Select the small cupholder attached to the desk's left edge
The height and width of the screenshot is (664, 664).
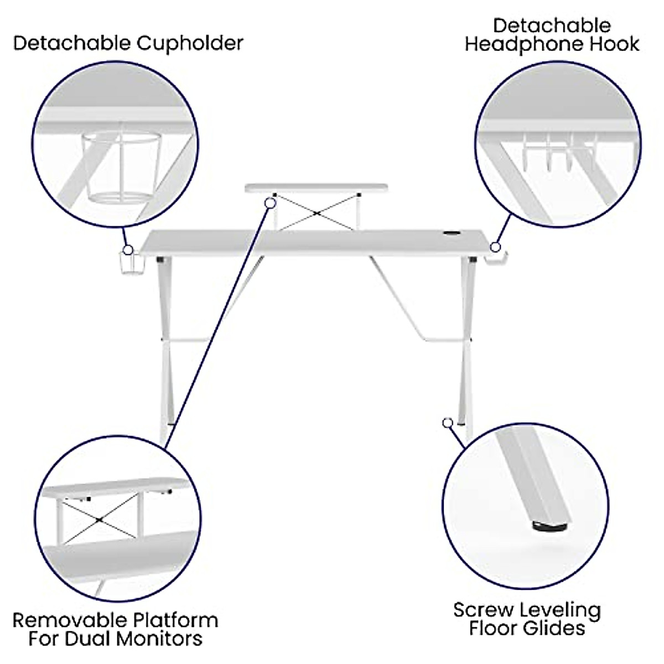coord(129,263)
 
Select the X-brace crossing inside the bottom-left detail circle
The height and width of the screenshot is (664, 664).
coord(98,520)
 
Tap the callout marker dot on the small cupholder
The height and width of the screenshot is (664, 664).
coord(128,250)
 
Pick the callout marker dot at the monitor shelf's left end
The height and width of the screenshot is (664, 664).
coord(270,203)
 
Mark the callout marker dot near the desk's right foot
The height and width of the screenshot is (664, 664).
coord(447,423)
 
